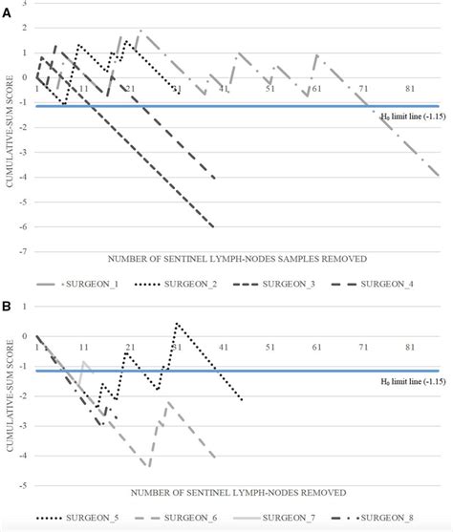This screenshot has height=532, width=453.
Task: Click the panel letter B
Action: click(x=7, y=308)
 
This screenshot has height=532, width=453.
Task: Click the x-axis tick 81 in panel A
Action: click(x=411, y=89)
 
